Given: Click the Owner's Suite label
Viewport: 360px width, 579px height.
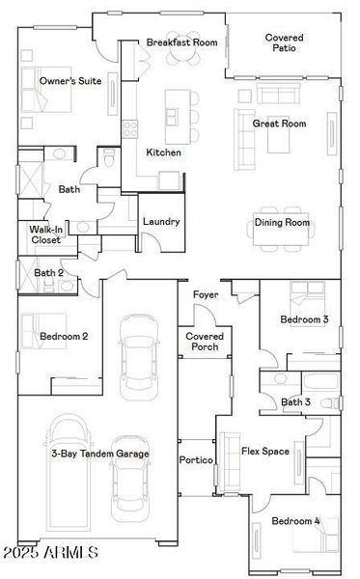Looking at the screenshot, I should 65,82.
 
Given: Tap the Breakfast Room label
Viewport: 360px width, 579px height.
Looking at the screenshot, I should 181,43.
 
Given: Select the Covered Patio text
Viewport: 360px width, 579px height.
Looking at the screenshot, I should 285,42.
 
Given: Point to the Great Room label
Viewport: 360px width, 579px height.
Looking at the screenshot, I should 279,124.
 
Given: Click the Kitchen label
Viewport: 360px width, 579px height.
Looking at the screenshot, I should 163,152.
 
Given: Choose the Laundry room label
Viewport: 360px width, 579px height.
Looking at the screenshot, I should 161,221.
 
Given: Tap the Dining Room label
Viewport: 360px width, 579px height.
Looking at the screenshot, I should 282,223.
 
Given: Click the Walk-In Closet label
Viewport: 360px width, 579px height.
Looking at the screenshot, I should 45,234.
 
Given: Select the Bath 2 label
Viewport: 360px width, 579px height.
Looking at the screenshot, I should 48,273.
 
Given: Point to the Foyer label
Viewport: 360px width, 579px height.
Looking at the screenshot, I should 205,293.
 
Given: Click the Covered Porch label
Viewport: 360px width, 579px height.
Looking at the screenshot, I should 205,341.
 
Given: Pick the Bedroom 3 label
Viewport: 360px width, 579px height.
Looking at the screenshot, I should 304,319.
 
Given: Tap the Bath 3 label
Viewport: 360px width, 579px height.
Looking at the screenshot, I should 295,401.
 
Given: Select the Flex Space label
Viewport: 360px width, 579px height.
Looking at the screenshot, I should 264,451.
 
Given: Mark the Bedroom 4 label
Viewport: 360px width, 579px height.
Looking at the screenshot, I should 294,521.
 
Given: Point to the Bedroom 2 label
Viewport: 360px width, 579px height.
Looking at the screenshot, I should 64,336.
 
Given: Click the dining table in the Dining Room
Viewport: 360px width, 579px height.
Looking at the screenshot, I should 283,213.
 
